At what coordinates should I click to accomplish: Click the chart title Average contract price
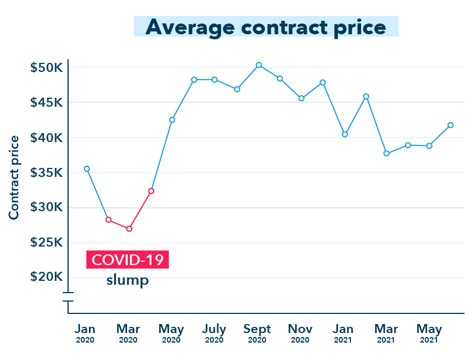pos(265,26)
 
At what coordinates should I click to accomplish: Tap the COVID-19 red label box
pos(128,260)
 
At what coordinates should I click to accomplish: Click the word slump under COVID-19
pos(128,280)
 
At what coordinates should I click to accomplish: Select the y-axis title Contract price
pos(13,177)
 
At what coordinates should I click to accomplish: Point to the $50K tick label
pos(46,67)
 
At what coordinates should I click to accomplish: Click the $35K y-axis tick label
pos(46,172)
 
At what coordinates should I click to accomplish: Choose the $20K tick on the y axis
pos(46,277)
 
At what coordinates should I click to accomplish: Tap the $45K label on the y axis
pos(46,103)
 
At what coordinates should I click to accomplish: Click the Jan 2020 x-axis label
pos(85,333)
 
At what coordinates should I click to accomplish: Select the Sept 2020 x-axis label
pos(257,333)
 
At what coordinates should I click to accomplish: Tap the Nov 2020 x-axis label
pos(300,333)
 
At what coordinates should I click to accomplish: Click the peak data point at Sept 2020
pos(259,65)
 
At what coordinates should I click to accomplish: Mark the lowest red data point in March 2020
pos(129,229)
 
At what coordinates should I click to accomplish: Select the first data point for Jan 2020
pos(87,168)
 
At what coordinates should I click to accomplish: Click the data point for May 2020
pos(172,120)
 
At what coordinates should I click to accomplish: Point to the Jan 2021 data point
pos(345,134)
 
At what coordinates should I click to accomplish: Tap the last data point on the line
pos(451,125)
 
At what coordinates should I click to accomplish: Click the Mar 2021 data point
pos(386,153)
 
